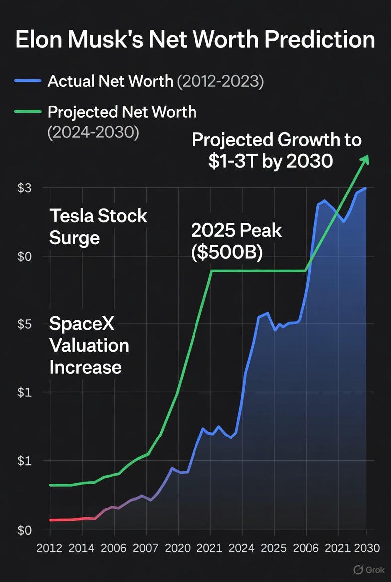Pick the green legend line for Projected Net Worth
tap(29, 112)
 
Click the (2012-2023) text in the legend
tap(220, 81)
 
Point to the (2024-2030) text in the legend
tap(93, 133)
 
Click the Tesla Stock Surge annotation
tap(98, 227)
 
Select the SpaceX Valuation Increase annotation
tap(89, 346)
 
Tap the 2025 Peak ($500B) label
tap(236, 241)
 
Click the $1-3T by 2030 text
tap(270, 161)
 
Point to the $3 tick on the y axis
tap(24, 188)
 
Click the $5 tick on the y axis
tap(24, 324)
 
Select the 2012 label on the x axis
tap(50, 548)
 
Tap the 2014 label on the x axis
tap(82, 548)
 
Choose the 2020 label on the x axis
tap(178, 548)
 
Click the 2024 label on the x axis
tap(241, 548)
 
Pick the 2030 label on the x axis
tap(367, 548)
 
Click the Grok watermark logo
tap(366, 570)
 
